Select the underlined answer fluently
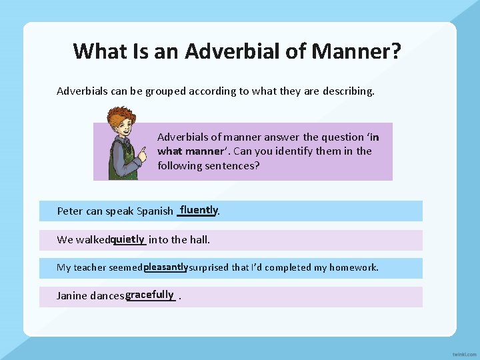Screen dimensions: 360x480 click(198, 210)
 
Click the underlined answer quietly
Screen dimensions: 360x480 click(128, 239)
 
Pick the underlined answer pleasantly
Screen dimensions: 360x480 click(165, 267)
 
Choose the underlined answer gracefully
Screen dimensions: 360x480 click(150, 295)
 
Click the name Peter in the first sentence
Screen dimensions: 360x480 click(70, 211)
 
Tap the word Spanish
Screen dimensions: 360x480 click(155, 211)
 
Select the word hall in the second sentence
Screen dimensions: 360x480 click(199, 239)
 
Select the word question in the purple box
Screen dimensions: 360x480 click(343, 137)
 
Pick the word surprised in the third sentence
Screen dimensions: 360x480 click(209, 267)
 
